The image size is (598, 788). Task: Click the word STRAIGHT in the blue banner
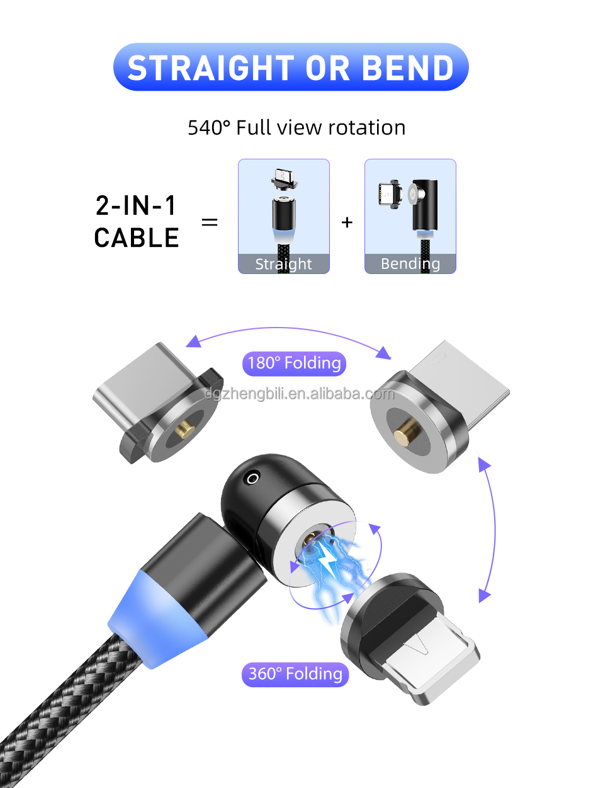[211, 68]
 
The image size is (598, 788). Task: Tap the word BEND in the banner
[408, 68]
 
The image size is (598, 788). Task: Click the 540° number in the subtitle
[209, 128]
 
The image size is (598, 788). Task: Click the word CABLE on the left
[137, 237]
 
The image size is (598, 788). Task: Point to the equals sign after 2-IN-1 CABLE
[210, 222]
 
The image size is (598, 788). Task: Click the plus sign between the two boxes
[347, 222]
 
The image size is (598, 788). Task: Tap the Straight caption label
[283, 264]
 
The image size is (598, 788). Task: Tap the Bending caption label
[410, 264]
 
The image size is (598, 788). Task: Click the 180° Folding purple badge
[294, 363]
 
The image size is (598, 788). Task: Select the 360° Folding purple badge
[295, 674]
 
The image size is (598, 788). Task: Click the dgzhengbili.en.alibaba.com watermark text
[299, 394]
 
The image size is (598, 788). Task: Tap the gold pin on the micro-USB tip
[403, 435]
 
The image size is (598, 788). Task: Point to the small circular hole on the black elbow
[252, 479]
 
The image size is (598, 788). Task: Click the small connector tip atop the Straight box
[284, 178]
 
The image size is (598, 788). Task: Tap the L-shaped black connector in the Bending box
[423, 205]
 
